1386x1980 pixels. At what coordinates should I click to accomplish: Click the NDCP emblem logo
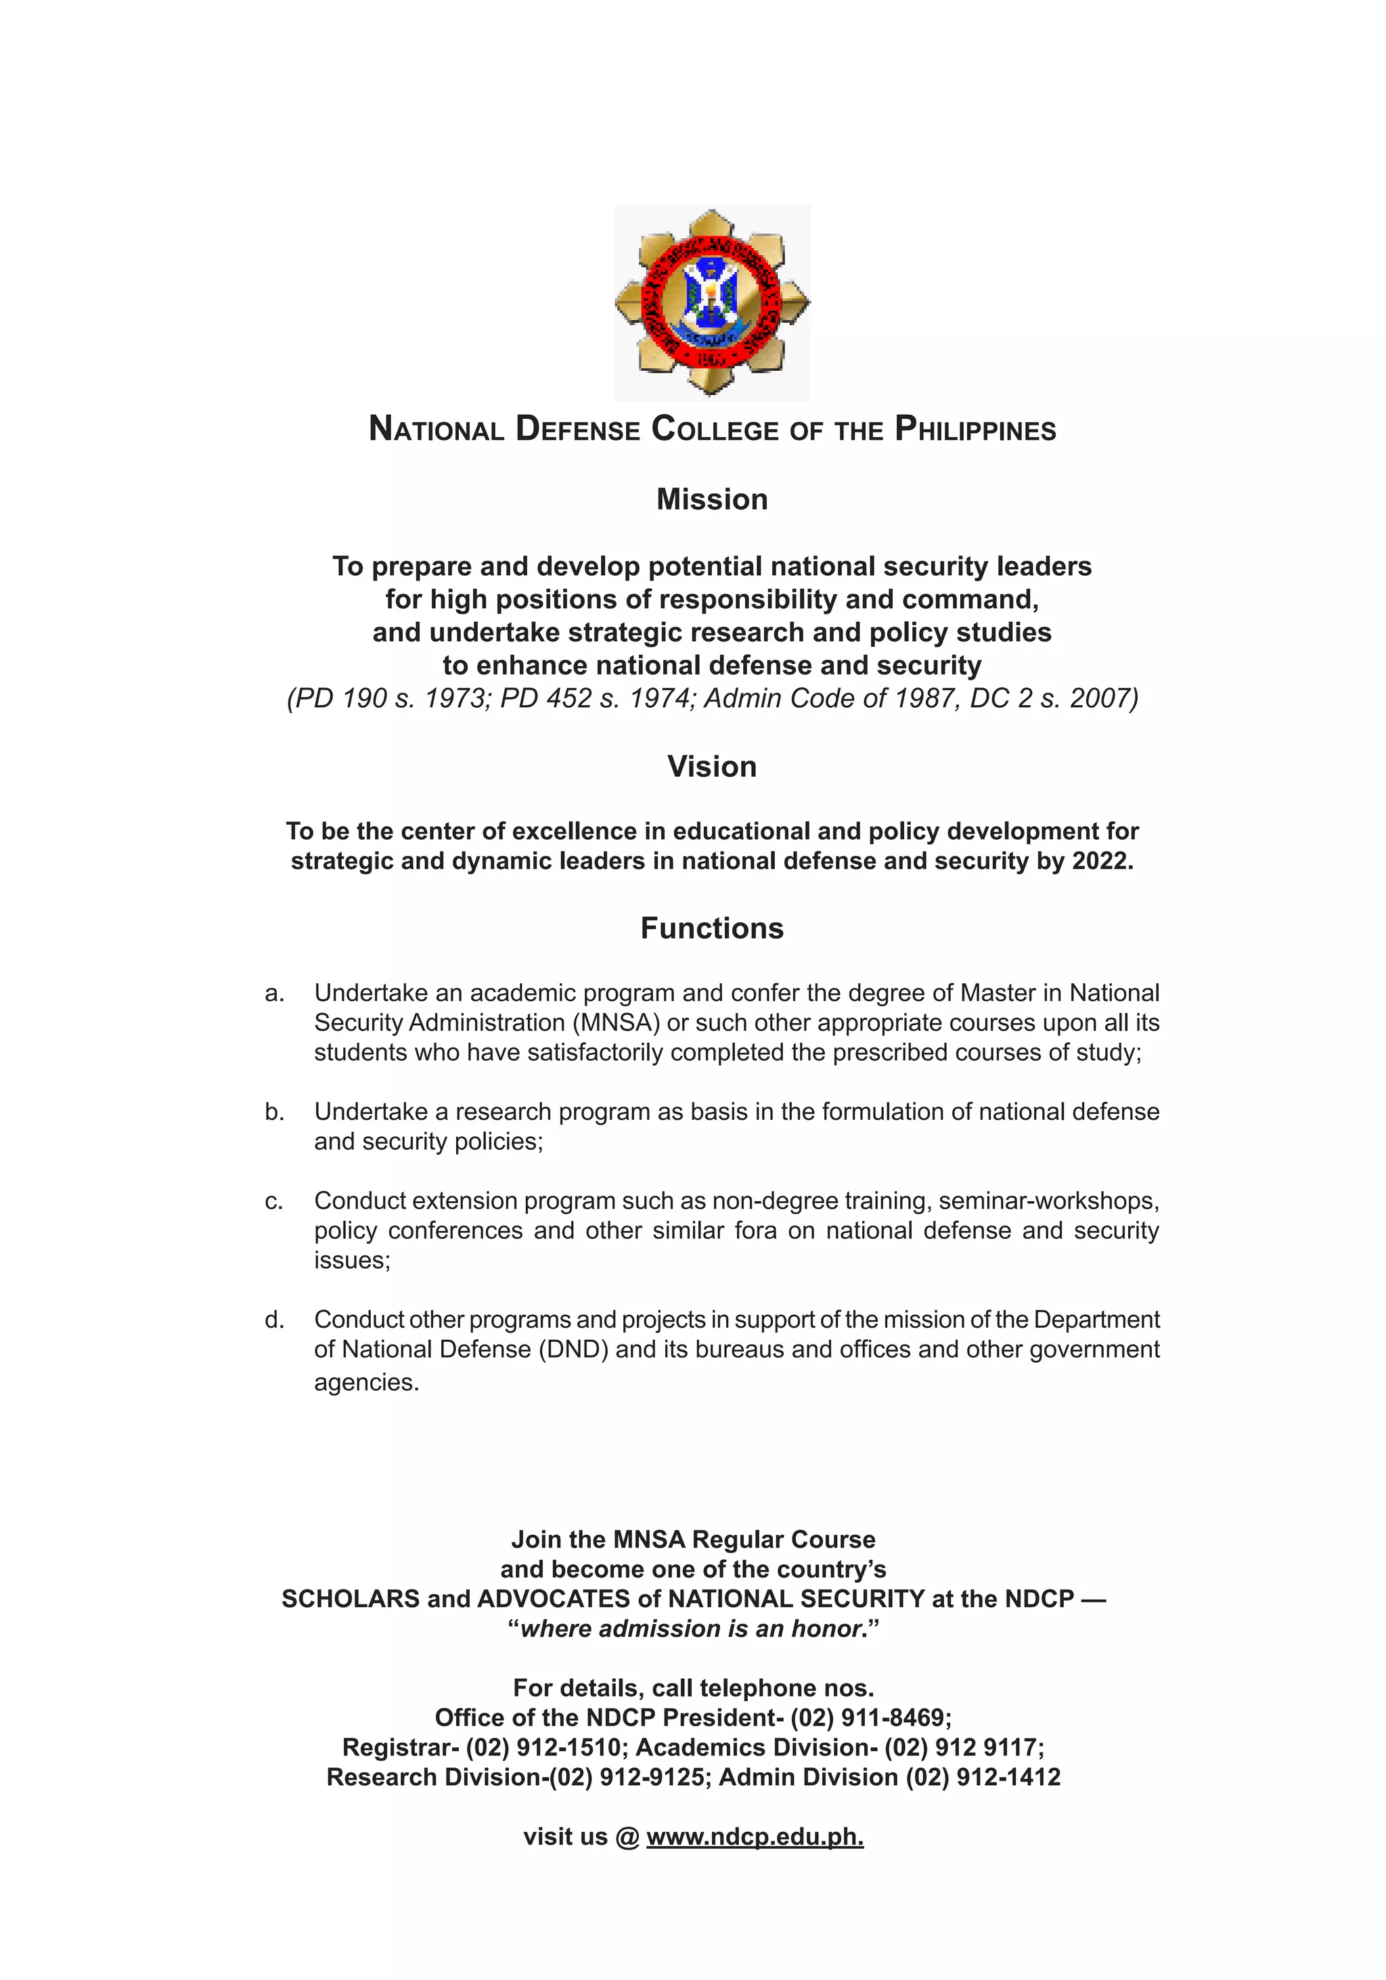coord(711,302)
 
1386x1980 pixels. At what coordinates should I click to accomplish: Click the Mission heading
coord(711,499)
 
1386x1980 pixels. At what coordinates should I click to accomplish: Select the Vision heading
coord(711,767)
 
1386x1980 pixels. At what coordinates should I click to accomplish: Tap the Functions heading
coord(711,928)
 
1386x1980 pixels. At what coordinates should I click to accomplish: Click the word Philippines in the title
coord(975,430)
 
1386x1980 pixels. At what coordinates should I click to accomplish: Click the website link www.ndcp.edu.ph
coord(755,1837)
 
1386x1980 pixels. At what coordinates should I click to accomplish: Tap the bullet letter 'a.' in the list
coord(274,993)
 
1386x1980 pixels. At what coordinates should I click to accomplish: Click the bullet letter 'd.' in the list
coord(274,1320)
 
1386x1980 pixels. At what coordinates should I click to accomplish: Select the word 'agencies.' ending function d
coord(367,1382)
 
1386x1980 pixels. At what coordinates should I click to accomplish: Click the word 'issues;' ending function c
coord(352,1261)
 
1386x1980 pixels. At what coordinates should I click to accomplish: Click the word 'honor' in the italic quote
coord(827,1629)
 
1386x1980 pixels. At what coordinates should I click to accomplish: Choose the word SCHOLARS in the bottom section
coord(350,1599)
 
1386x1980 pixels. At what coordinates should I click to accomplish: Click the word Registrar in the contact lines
coord(399,1747)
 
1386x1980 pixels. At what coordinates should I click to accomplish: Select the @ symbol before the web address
coord(627,1837)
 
